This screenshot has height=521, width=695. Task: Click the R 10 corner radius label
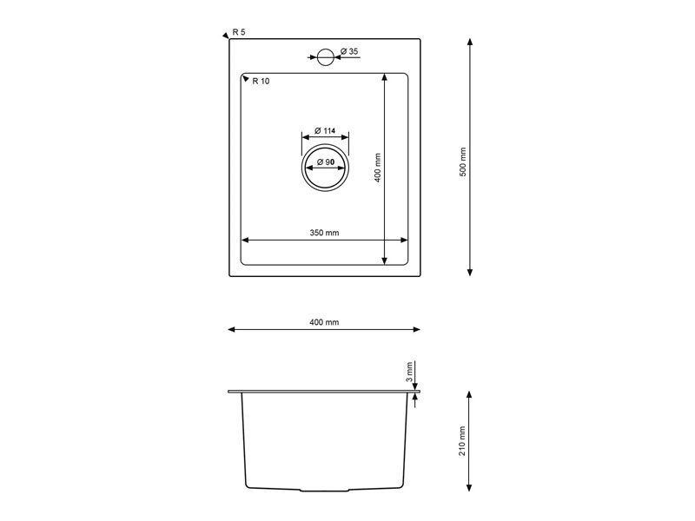tap(261, 81)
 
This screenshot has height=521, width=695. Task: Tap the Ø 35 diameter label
tap(349, 52)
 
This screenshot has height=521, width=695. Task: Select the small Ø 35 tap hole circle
tap(325, 57)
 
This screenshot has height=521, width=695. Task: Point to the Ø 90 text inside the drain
tap(326, 162)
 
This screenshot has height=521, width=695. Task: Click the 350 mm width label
tap(324, 233)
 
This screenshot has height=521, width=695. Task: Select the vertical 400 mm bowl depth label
tap(377, 168)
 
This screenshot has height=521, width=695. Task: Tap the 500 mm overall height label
tap(463, 162)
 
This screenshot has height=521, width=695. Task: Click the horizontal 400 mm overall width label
tap(324, 322)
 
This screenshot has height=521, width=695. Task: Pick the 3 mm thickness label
tap(408, 372)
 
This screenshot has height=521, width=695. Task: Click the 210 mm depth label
tap(463, 441)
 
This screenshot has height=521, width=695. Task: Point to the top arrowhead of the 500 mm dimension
tap(470, 42)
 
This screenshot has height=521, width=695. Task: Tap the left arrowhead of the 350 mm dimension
tap(245, 240)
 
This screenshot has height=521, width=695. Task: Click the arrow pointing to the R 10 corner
tap(244, 76)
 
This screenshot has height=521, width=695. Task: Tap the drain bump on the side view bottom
tap(324, 491)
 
